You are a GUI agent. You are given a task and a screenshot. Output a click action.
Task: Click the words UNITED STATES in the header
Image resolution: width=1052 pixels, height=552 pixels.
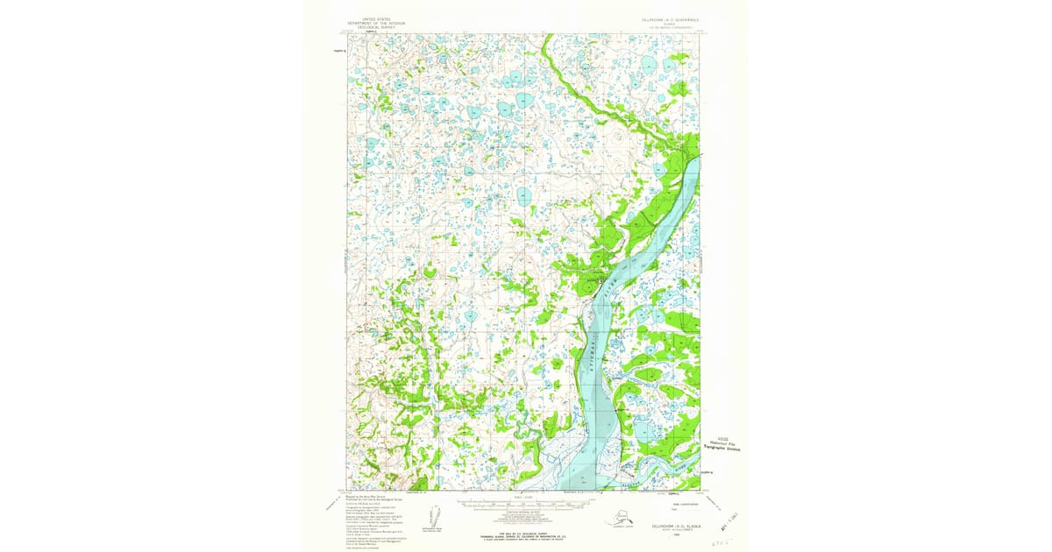[371, 17]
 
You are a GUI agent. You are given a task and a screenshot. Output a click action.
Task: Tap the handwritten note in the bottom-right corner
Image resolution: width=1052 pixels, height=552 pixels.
[721, 542]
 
